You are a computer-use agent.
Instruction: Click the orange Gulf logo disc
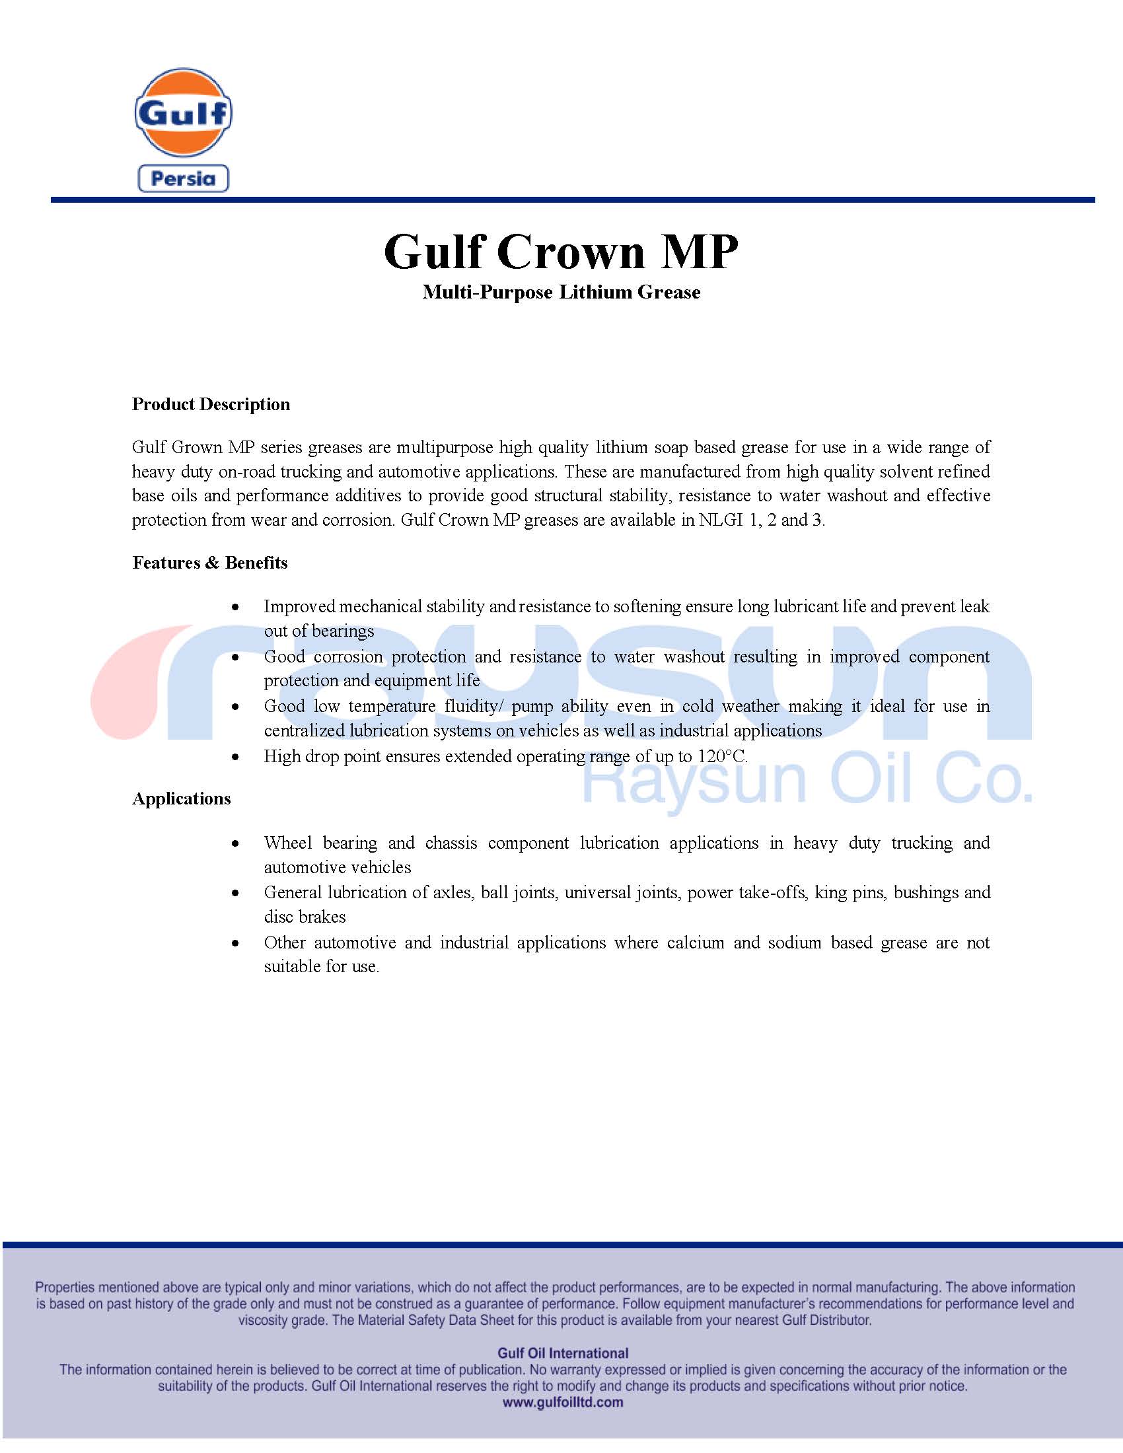pos(183,112)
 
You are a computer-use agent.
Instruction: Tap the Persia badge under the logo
pos(183,179)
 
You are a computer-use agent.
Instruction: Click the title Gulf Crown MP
pos(561,252)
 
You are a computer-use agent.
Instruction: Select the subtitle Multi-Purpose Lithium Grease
pos(561,293)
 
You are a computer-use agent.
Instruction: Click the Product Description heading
pos(211,404)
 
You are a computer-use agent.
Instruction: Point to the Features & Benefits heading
pos(209,563)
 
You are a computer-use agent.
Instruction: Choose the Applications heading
pos(181,799)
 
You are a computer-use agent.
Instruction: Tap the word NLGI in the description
pos(721,520)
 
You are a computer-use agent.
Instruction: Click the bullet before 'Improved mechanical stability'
pos(235,608)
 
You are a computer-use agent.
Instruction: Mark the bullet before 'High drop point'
pos(235,757)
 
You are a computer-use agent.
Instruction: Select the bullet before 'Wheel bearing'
pos(235,843)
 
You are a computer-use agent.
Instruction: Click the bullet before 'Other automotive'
pos(235,943)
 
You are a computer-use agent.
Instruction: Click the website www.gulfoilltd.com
pos(563,1402)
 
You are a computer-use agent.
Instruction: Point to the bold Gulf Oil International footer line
pos(563,1353)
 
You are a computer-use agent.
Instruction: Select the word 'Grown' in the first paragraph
pos(196,447)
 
